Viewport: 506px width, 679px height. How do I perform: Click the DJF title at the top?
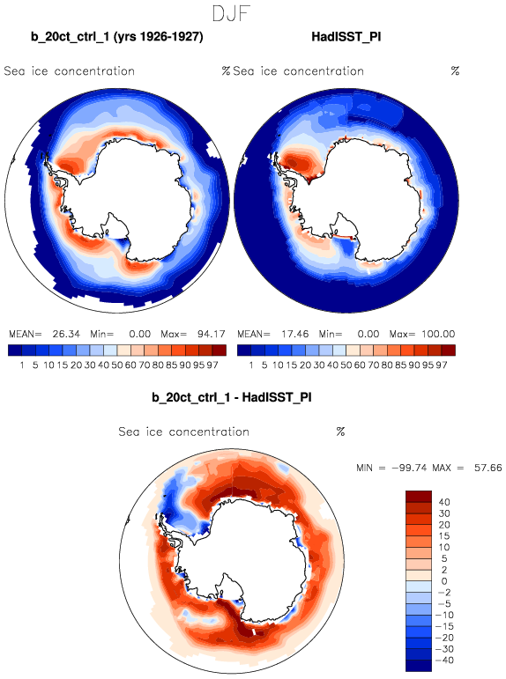(x=231, y=14)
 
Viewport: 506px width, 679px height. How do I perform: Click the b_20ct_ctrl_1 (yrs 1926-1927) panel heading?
(x=117, y=37)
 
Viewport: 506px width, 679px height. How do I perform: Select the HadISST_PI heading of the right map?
(x=346, y=37)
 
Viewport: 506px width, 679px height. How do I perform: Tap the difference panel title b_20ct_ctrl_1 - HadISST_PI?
(x=232, y=397)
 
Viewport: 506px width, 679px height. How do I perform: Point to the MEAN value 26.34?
(x=66, y=335)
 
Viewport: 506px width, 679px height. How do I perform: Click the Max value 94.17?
(x=212, y=335)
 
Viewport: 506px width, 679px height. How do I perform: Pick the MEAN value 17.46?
(x=294, y=335)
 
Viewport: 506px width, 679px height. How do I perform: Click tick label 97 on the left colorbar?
(x=212, y=365)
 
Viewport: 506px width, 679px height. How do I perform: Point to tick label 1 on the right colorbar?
(x=250, y=365)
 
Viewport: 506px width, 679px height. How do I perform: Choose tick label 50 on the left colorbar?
(x=116, y=365)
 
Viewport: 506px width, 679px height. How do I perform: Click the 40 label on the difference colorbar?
(x=444, y=502)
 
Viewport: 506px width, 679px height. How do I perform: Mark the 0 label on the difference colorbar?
(x=444, y=581)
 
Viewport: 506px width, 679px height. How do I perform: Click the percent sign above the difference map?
(x=340, y=432)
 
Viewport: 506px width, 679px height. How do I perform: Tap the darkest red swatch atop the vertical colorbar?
(x=419, y=496)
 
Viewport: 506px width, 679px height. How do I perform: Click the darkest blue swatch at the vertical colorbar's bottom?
(x=419, y=666)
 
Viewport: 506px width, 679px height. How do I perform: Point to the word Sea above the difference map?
(x=129, y=432)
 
